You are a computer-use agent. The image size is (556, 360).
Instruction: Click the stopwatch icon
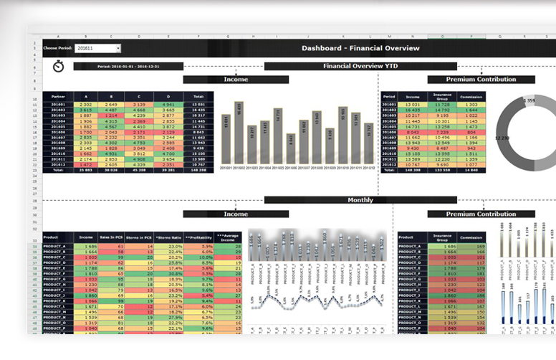click(x=58, y=67)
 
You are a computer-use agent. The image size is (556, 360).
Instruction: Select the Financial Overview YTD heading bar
click(x=360, y=66)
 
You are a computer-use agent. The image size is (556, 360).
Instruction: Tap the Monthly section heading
click(x=360, y=200)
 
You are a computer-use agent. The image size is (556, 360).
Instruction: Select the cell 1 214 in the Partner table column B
click(x=110, y=115)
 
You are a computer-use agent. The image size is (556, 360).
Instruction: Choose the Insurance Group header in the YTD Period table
click(x=442, y=96)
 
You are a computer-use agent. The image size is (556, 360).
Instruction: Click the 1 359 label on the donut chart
click(x=529, y=101)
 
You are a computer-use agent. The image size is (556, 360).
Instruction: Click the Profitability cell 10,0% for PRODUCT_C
click(x=201, y=257)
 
